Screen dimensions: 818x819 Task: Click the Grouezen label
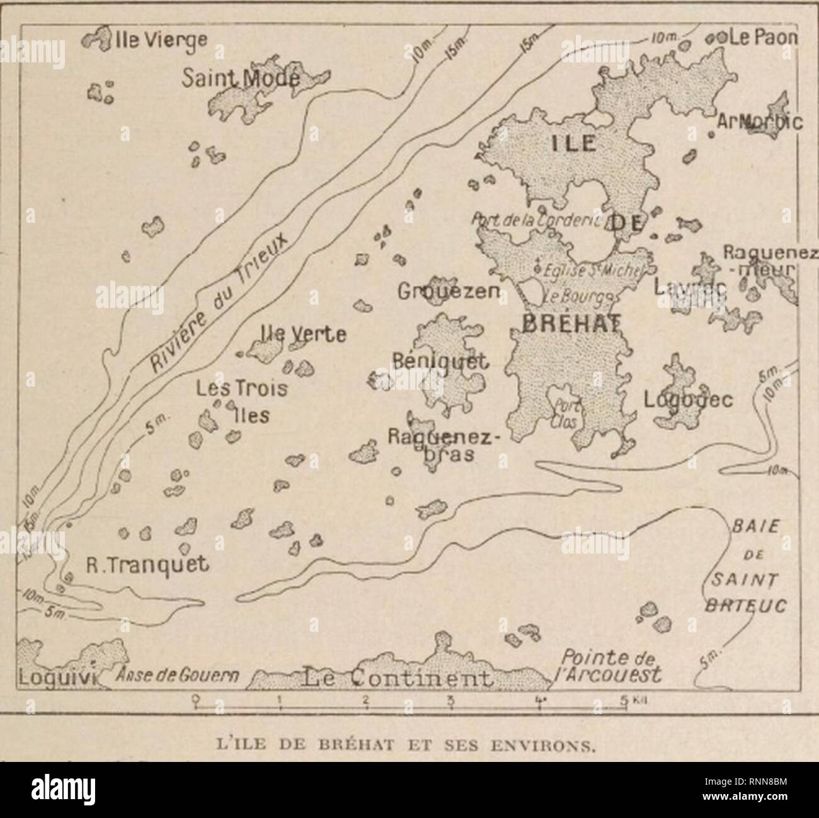coord(449,291)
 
